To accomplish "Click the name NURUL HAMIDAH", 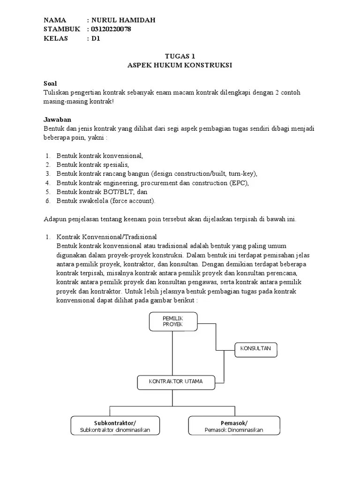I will tap(123, 20).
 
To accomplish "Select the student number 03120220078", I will tap(111, 29).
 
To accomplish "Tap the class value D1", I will tap(96, 38).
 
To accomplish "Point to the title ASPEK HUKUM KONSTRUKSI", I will tap(180, 65).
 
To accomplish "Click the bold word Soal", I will tap(50, 83).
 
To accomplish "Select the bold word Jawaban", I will tap(57, 120).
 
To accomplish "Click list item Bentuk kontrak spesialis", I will tap(92, 165).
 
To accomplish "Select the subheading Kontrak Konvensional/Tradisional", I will tap(106, 237).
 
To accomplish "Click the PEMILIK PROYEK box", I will tap(172, 322).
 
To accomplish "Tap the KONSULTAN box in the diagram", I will tap(255, 349).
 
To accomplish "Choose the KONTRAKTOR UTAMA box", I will tap(176, 382).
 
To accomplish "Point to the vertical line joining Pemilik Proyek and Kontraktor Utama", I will tap(172, 352).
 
